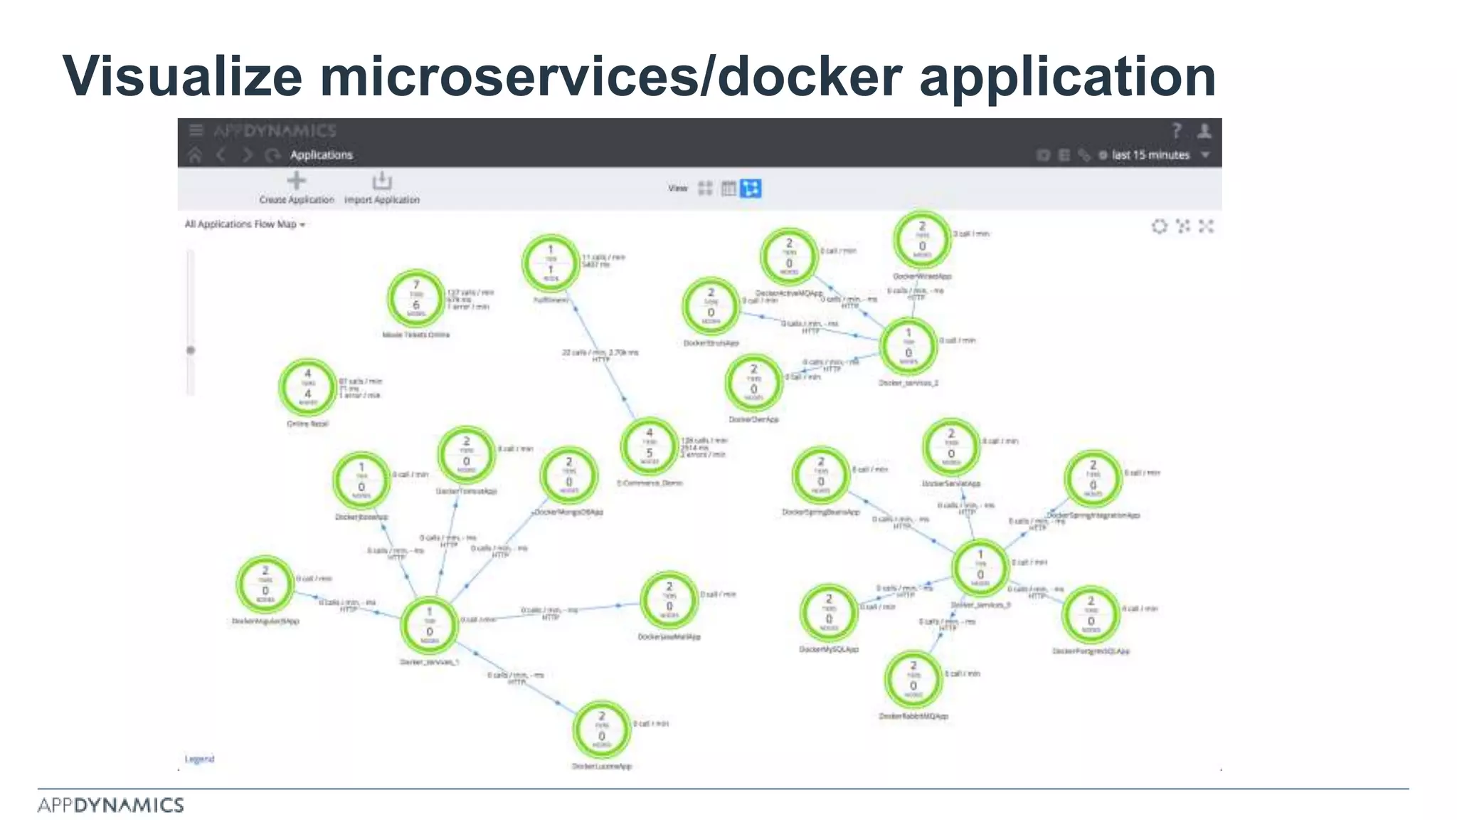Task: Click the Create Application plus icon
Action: coord(297,181)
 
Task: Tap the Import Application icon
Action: coord(382,181)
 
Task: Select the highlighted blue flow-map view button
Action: coord(751,188)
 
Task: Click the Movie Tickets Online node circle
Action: coord(416,298)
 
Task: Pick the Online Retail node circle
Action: coord(307,387)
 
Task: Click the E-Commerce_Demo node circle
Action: coord(649,446)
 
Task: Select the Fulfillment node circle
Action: coord(550,263)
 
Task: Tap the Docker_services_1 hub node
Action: coord(429,625)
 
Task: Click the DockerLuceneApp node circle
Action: coord(602,730)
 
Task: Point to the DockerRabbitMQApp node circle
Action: coord(913,679)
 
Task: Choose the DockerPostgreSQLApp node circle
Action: coord(1091,614)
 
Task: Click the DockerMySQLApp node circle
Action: coord(828,612)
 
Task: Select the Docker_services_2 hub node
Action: coord(908,346)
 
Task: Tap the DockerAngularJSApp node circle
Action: coord(265,584)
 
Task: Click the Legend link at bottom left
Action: coord(199,759)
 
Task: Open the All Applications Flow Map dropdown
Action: coord(245,224)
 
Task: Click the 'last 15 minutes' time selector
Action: coord(1150,155)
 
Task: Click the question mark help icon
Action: coord(1176,130)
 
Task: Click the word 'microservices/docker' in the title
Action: coord(611,76)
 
